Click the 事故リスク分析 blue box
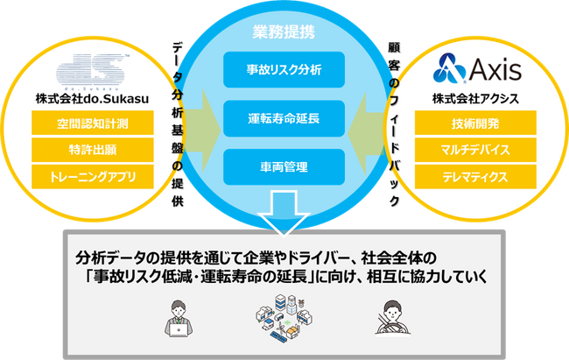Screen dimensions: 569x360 point(284,69)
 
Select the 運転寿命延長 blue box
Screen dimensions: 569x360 point(284,118)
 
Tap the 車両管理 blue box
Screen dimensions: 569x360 point(284,166)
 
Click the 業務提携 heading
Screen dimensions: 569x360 point(284,32)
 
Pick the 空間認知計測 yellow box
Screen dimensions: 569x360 point(93,124)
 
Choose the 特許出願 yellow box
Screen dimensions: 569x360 point(93,150)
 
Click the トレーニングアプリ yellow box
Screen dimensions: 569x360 point(93,177)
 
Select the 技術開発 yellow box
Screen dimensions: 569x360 point(475,124)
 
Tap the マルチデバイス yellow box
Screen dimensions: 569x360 point(475,150)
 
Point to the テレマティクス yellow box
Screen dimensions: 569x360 point(475,177)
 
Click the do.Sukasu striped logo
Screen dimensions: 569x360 point(92,72)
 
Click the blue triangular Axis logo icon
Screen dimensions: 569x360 point(449,68)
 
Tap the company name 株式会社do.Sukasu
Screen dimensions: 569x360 point(92,99)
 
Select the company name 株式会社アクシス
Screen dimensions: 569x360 point(475,99)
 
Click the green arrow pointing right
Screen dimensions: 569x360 point(202,131)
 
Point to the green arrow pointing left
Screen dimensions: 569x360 point(366,133)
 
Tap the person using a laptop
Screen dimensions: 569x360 point(179,318)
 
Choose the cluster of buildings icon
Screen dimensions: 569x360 point(284,318)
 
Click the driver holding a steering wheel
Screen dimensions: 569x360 point(392,317)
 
